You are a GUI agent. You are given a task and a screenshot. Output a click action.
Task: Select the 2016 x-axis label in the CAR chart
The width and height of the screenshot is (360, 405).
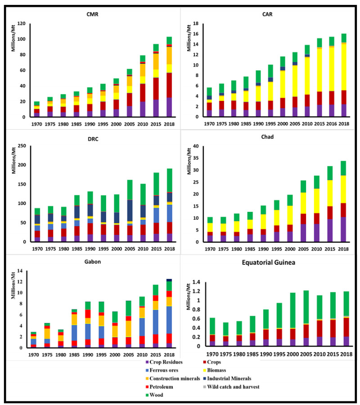[331, 123]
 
